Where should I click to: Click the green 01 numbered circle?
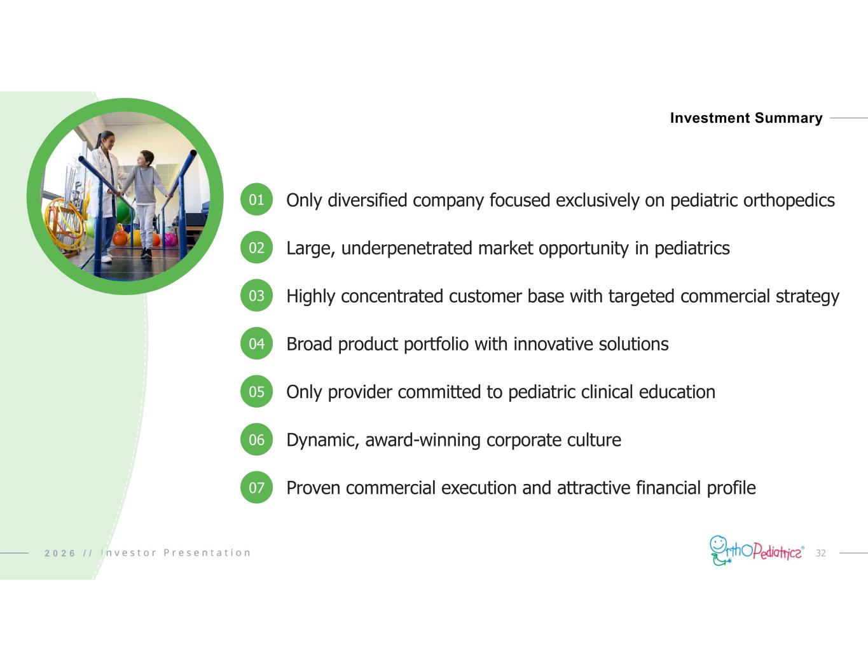256,199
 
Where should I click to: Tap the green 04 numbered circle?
256,343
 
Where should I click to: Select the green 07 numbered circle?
256,487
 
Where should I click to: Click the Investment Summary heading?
746,118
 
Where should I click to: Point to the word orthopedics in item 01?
789,200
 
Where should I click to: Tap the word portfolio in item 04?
436,344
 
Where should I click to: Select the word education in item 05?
677,392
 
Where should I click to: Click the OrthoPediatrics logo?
757,551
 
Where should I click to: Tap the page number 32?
820,553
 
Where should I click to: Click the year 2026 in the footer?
60,553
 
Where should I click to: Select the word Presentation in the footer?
207,553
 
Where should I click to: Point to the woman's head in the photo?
106,140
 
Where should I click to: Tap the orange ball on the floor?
120,238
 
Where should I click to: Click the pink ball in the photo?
170,239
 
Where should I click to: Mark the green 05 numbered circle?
256,391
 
